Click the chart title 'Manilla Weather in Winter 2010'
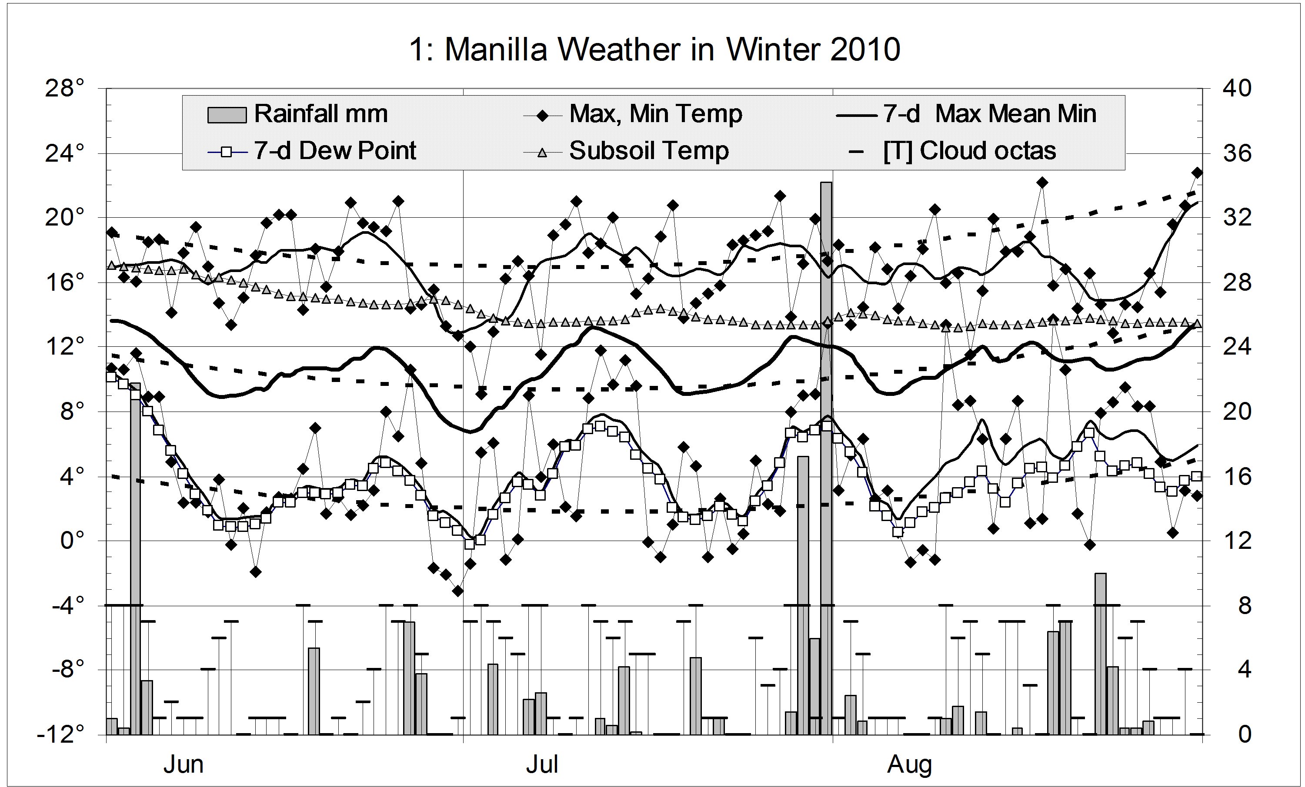point(654,50)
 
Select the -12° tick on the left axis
point(60,734)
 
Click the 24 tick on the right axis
point(1237,347)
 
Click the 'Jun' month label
point(183,765)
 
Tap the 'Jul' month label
point(542,765)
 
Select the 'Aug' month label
point(909,765)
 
